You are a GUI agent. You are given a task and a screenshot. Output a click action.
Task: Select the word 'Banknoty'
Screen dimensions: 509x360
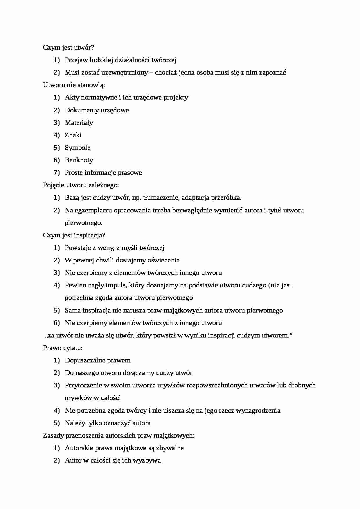79,160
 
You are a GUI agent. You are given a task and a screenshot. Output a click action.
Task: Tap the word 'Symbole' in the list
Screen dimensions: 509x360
78,147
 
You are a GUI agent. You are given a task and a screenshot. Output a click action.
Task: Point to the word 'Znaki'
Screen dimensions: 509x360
73,135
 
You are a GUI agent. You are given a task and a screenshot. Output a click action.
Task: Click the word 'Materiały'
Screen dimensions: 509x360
79,122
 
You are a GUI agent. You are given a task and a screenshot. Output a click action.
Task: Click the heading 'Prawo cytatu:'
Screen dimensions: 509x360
63,348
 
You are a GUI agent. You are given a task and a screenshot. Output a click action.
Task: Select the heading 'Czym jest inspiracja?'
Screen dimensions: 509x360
74,235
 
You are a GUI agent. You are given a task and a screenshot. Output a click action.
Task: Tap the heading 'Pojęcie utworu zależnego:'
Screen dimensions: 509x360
81,185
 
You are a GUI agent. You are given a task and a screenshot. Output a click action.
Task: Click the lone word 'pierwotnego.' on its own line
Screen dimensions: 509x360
84,223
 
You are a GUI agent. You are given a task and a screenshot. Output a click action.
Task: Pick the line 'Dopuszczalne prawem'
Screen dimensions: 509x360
98,360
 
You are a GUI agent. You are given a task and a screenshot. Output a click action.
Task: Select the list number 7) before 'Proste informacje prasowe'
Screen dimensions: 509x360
57,172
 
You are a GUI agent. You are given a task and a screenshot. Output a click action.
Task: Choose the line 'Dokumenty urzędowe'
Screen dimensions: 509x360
97,110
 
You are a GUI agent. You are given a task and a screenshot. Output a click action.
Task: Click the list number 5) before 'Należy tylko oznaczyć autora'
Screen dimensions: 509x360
57,423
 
